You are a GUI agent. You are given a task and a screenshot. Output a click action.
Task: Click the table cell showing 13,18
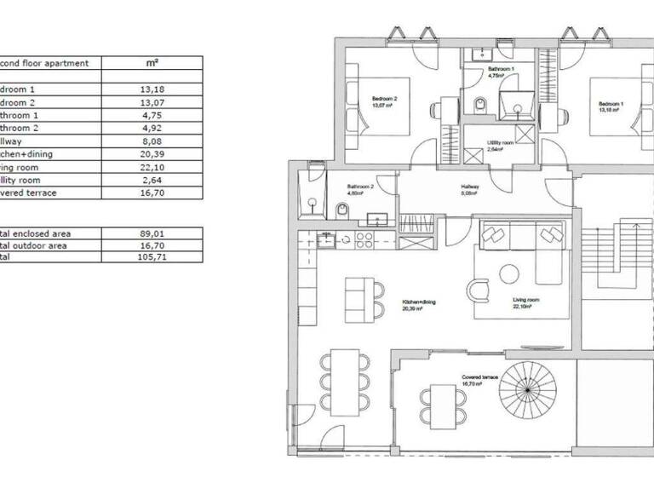[x=152, y=89]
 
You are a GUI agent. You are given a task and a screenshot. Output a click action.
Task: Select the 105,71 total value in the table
[x=152, y=258]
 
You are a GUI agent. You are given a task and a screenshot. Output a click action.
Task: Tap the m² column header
[x=152, y=63]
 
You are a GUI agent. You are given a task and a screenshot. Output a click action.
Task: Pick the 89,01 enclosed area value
[x=152, y=232]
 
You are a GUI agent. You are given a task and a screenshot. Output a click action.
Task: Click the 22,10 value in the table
[x=152, y=168]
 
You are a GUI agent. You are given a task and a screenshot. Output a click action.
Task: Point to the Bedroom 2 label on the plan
[x=384, y=101]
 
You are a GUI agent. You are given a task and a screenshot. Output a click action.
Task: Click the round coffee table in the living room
[x=509, y=274]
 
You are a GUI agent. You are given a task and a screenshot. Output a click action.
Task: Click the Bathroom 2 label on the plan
[x=360, y=189]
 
